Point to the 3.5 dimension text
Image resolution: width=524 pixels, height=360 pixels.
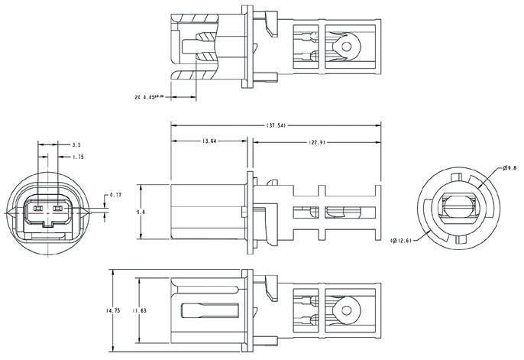76,144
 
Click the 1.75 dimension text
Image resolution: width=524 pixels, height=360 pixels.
77,157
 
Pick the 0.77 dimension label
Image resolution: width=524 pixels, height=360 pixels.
115,196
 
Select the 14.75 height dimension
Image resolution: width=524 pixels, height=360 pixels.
112,310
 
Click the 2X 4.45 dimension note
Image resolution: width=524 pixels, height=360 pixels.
149,97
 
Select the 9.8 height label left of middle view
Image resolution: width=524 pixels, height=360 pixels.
138,212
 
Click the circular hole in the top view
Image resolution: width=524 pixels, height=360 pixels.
348,46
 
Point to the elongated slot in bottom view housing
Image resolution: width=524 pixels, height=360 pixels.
210,311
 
